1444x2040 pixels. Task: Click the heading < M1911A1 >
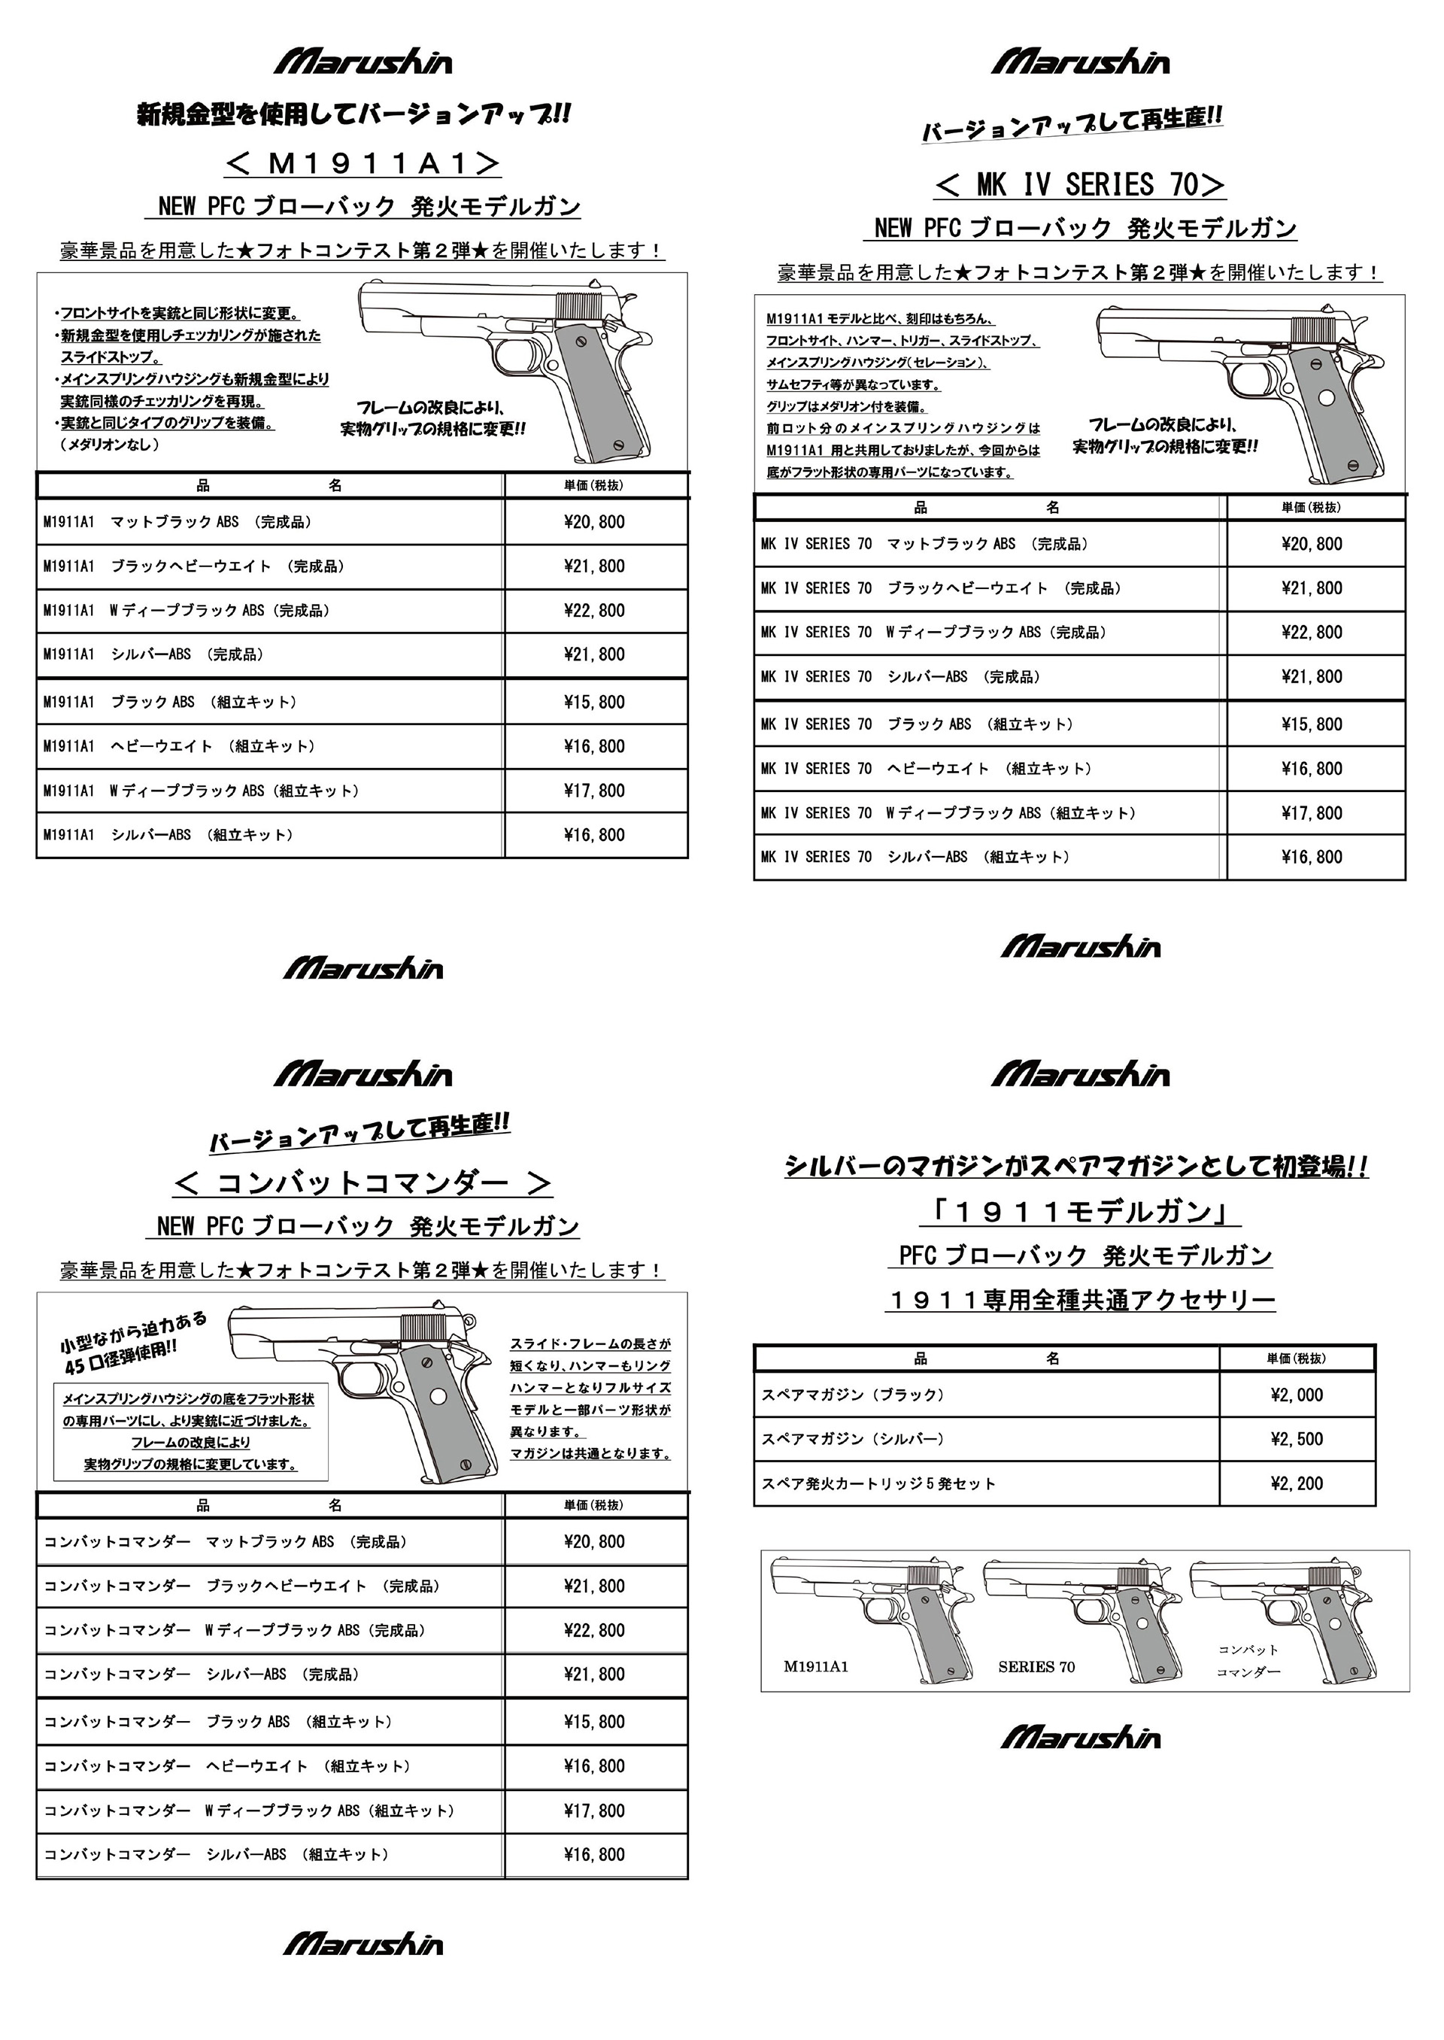pyautogui.click(x=362, y=164)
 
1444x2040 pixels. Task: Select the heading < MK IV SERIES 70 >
pyautogui.click(x=1079, y=185)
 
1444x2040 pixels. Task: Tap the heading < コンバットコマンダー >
pyautogui.click(x=362, y=1182)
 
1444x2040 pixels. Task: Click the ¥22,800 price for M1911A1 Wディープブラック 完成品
pyautogui.click(x=594, y=611)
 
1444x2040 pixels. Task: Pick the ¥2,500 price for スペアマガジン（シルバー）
pyautogui.click(x=1297, y=1439)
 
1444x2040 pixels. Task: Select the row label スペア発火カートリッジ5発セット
pyautogui.click(x=878, y=1483)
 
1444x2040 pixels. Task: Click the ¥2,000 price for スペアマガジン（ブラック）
pyautogui.click(x=1297, y=1395)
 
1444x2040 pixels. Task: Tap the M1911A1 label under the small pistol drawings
pyautogui.click(x=815, y=1666)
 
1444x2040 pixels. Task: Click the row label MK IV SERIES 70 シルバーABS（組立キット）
pyautogui.click(x=915, y=858)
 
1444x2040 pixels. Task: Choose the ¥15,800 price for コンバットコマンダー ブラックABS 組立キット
pyautogui.click(x=594, y=1722)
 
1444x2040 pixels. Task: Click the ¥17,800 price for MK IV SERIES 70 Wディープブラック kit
pyautogui.click(x=1312, y=813)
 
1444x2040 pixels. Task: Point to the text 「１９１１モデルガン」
pyautogui.click(x=1079, y=1211)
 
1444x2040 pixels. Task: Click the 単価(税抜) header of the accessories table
pyautogui.click(x=1296, y=1358)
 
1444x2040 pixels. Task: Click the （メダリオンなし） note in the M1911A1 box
pyautogui.click(x=109, y=445)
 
